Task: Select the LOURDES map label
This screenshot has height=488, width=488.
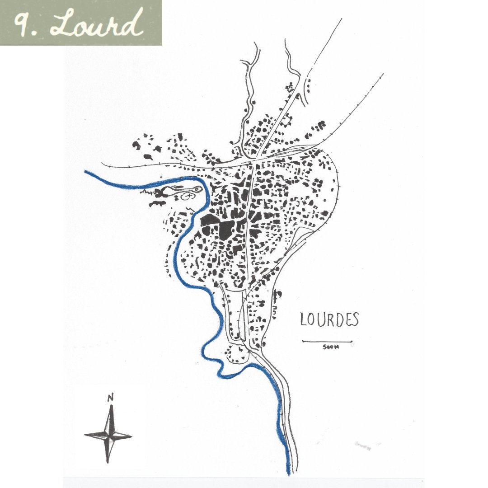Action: (x=329, y=319)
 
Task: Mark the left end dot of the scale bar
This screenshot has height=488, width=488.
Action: (x=302, y=341)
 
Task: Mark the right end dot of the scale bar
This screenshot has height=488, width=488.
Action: (x=352, y=341)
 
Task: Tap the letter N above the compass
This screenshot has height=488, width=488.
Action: (x=110, y=398)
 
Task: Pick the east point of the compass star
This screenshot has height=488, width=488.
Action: (x=131, y=436)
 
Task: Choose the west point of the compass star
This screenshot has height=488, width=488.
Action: (x=85, y=435)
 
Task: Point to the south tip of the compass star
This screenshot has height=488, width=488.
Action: (x=108, y=462)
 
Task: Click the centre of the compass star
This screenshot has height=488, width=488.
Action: (x=109, y=436)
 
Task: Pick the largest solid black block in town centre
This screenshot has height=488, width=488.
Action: (x=225, y=230)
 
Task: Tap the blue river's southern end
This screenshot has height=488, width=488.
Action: (x=289, y=474)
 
